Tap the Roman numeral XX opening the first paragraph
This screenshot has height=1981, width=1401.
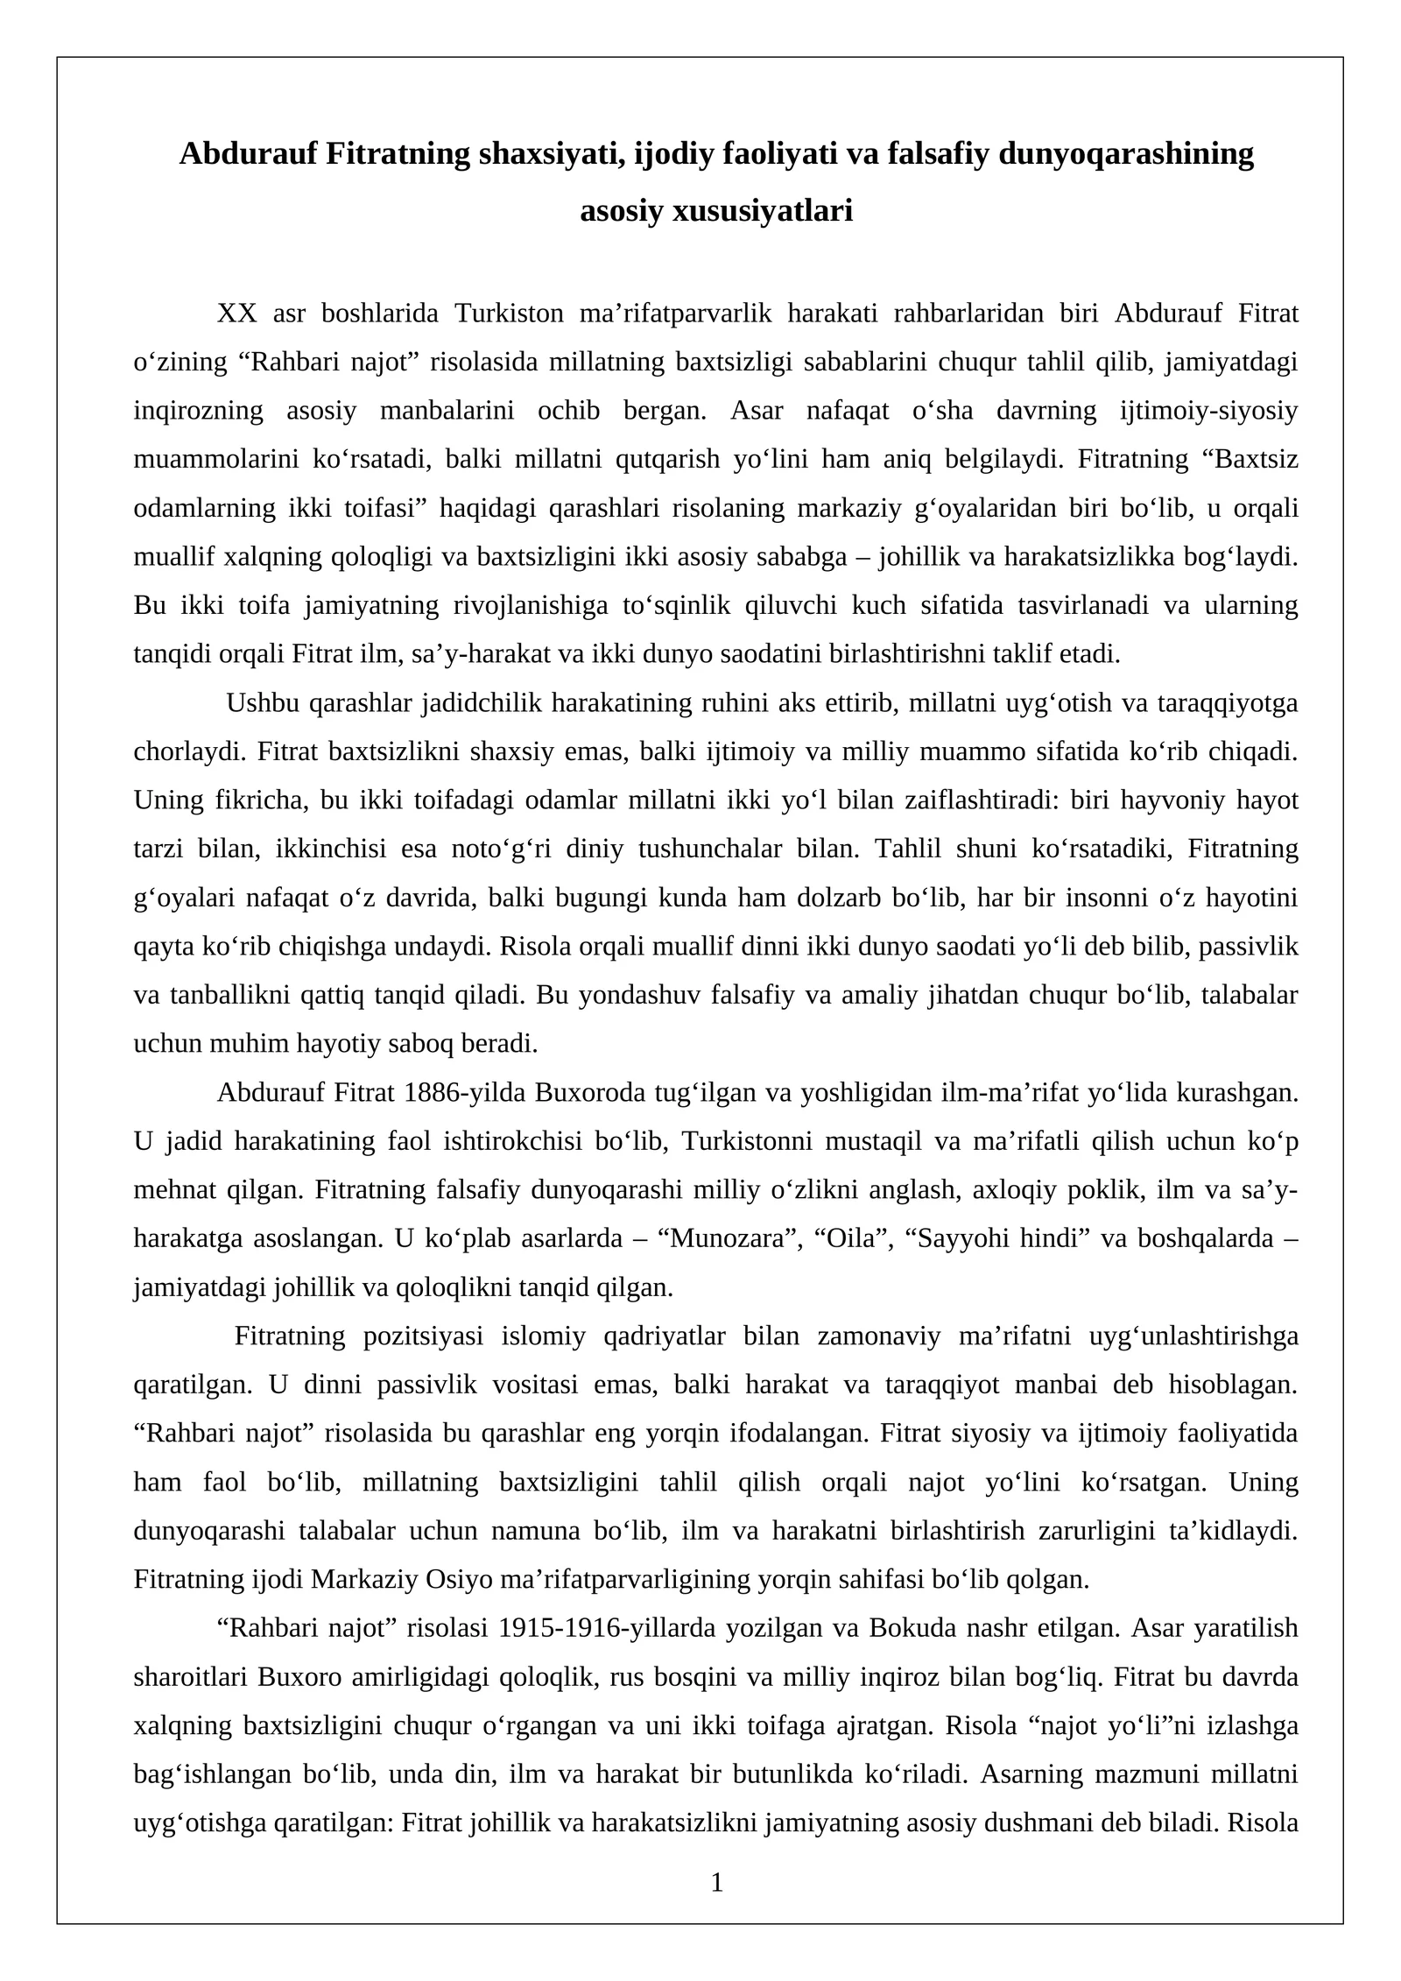click(x=236, y=314)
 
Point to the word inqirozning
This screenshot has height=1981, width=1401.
click(x=198, y=411)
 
